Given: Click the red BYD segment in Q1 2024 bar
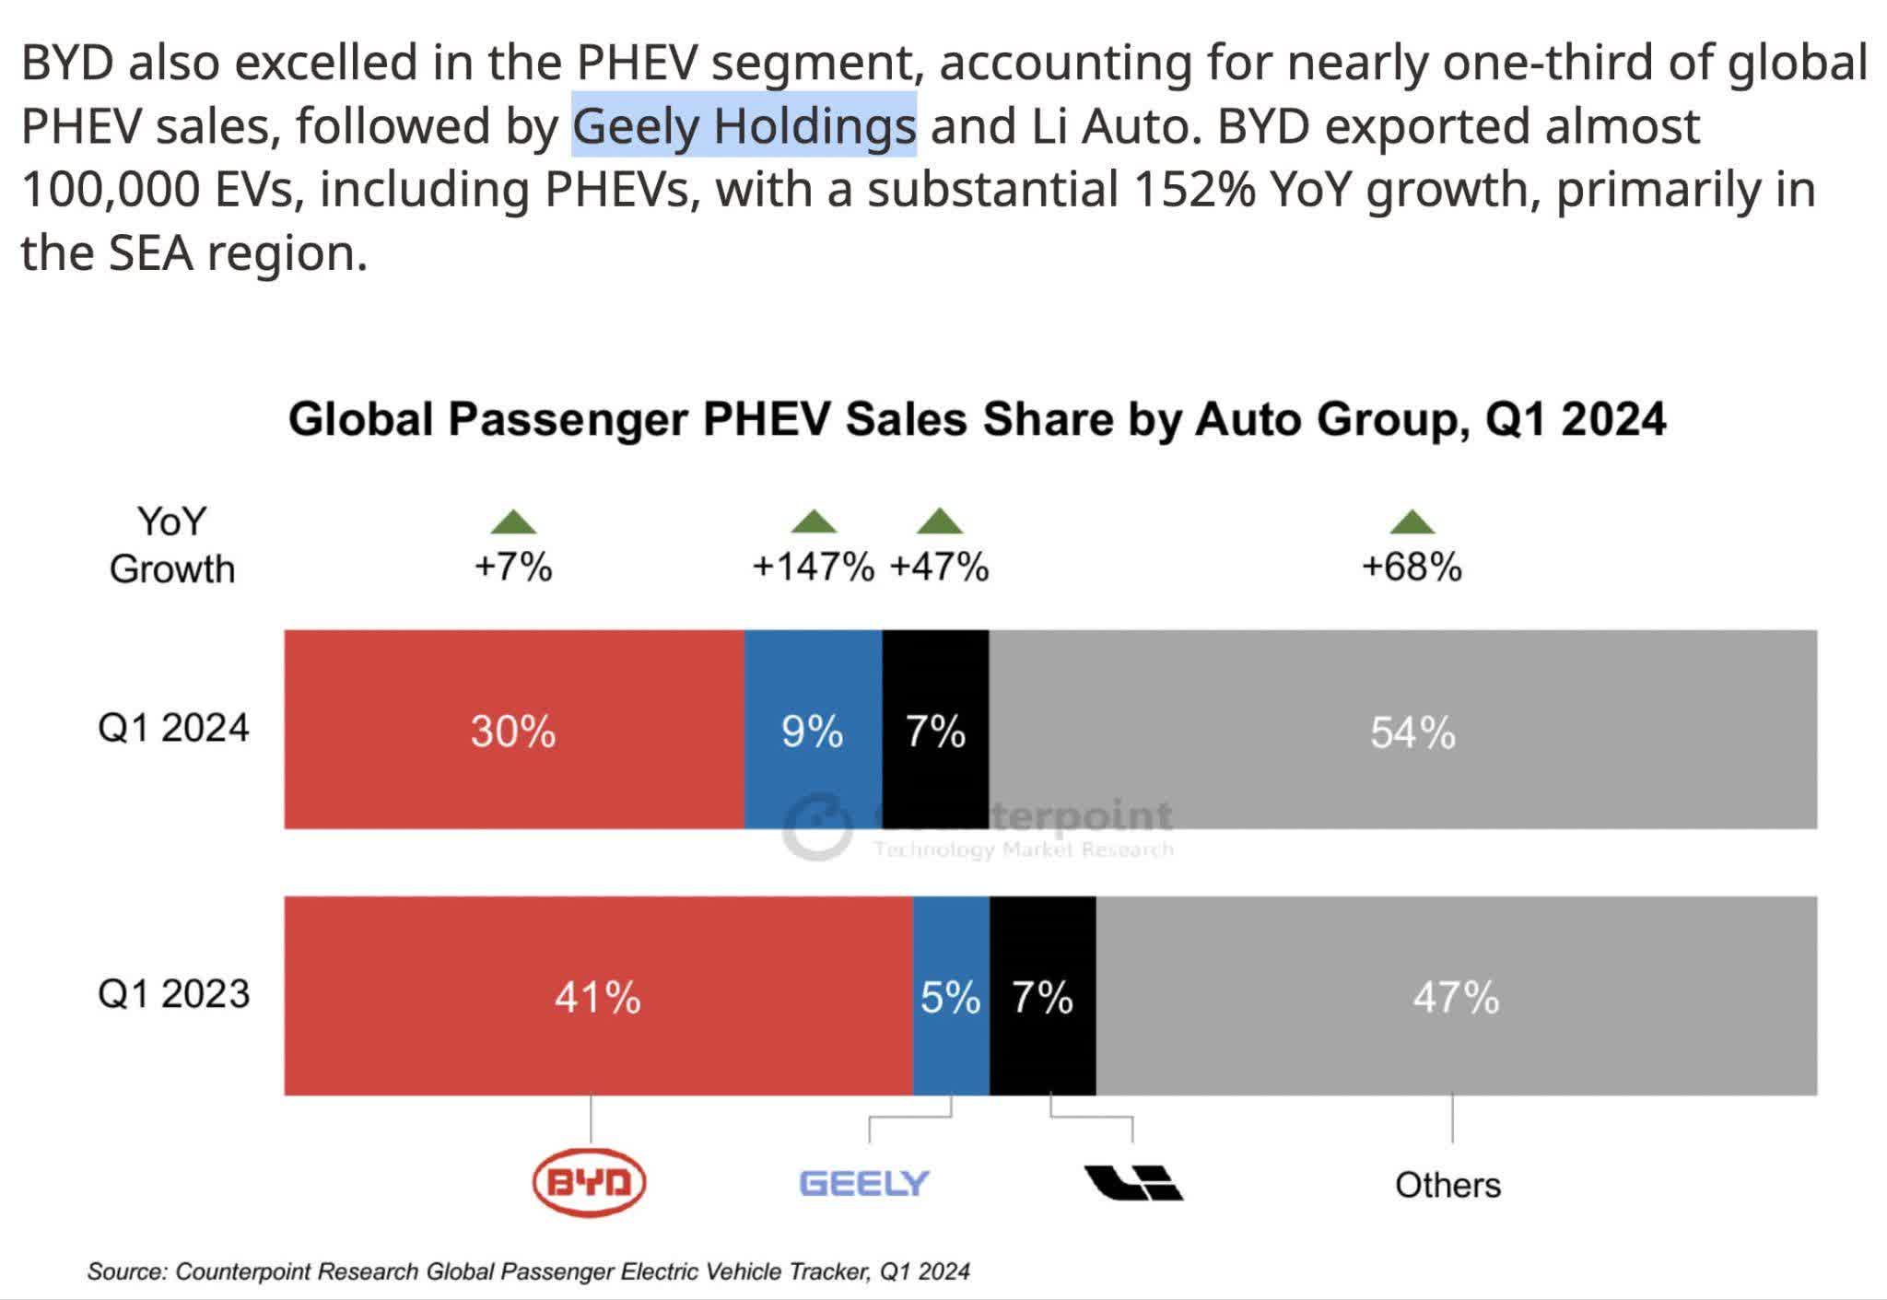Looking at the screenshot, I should pos(513,730).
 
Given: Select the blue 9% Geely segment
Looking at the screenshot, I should pos(812,730).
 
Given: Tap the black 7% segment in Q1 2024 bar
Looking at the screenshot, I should pos(935,730).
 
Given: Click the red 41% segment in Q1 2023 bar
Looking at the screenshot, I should pos(597,996).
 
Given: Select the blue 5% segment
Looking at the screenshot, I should pos(950,996).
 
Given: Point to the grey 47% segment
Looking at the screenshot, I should pos(1456,996).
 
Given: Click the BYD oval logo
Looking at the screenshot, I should pos(590,1182).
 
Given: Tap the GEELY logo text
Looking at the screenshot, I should pos(863,1183).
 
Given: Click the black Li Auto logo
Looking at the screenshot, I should pos(1132,1183).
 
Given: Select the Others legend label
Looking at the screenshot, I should pos(1447,1185).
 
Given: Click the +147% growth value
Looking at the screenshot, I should pos(813,567).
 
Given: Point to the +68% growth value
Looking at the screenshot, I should pos(1411,567).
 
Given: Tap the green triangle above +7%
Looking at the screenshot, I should pos(513,523).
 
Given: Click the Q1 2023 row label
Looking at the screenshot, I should pos(173,994).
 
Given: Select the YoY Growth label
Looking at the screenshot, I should pos(172,545).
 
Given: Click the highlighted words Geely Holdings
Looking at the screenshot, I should pos(744,126).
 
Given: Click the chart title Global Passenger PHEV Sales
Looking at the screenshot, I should pos(977,419).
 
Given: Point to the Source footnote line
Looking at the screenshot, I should pos(528,1271).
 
